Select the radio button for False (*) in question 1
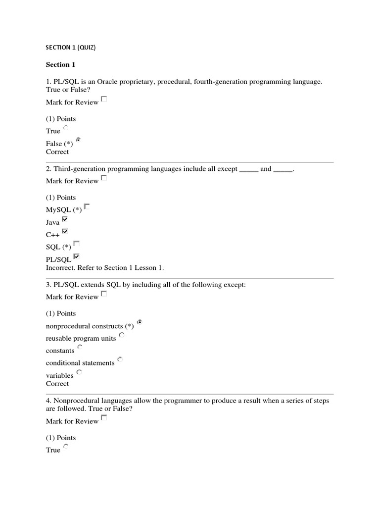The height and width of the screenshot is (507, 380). [78, 140]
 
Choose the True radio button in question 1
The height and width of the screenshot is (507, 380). [66, 128]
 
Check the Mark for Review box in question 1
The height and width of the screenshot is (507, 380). [104, 99]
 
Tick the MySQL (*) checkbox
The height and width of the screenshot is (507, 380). [87, 206]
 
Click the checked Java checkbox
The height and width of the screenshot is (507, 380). [65, 219]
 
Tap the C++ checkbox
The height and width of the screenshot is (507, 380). [65, 231]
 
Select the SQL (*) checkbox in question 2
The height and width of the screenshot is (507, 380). [76, 244]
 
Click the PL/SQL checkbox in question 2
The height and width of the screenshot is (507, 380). [76, 256]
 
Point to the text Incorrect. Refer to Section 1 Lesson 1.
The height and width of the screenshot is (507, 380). [104, 268]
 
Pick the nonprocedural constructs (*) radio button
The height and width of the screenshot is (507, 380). [140, 322]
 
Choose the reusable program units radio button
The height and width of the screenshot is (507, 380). [122, 335]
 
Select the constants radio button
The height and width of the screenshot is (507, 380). [80, 347]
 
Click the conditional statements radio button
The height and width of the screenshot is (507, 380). [120, 359]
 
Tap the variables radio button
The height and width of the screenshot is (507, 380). [79, 372]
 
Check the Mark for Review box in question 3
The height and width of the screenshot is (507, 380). [104, 294]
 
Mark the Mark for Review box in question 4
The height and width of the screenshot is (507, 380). [104, 418]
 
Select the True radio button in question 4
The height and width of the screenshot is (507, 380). [66, 447]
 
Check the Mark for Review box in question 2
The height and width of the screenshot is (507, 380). [104, 178]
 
